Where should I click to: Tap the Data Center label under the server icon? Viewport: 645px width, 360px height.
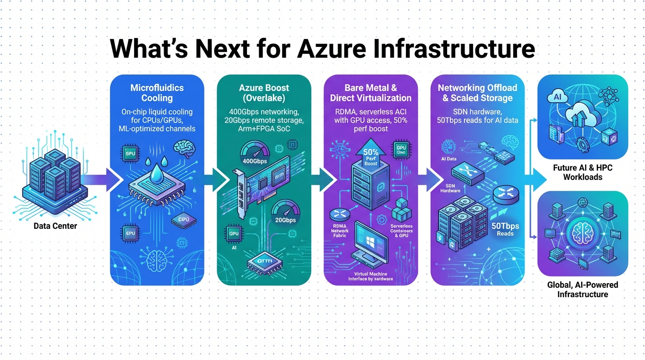tap(55, 226)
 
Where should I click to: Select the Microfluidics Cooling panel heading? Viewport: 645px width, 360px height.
tap(157, 93)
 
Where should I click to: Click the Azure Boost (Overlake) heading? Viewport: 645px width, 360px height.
tap(263, 93)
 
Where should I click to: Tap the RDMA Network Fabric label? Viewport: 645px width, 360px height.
tap(340, 231)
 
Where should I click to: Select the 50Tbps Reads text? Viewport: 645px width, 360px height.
tap(505, 229)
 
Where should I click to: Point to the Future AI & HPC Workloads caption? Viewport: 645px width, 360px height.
tap(582, 172)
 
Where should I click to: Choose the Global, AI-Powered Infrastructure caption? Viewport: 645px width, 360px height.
tap(583, 289)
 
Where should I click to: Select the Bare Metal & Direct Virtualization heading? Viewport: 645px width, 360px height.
tap(371, 93)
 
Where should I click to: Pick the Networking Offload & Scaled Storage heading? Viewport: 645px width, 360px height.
tap(477, 93)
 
